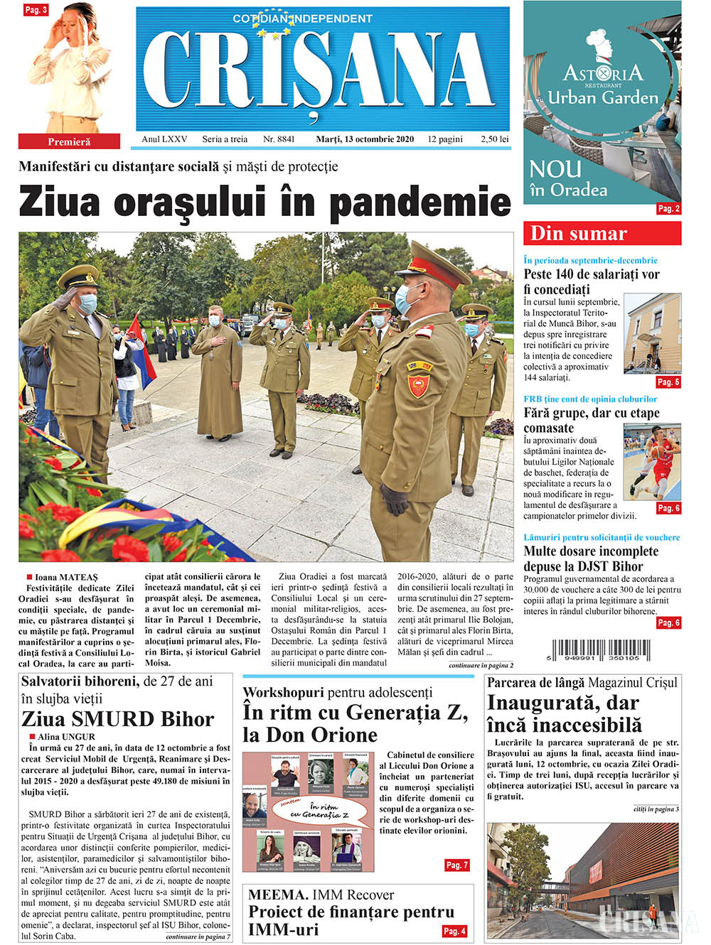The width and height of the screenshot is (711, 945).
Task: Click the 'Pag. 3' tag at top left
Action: [x=36, y=10]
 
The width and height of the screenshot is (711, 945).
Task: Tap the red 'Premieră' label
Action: [x=69, y=141]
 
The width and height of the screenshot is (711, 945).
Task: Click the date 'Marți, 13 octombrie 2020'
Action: [x=365, y=139]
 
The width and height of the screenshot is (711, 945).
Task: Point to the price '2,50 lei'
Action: [x=494, y=139]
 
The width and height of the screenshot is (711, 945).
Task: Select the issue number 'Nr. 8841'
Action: [x=279, y=139]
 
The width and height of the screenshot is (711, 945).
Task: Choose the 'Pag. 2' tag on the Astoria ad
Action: [x=668, y=209]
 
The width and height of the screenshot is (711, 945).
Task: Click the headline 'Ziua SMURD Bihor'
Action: [x=117, y=719]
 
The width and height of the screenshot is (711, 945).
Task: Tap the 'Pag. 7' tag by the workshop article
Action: [x=456, y=865]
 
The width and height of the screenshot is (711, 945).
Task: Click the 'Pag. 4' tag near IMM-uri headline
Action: [x=454, y=931]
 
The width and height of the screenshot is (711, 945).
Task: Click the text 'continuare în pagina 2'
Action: [x=481, y=666]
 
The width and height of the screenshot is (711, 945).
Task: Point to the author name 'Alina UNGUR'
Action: [x=66, y=737]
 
